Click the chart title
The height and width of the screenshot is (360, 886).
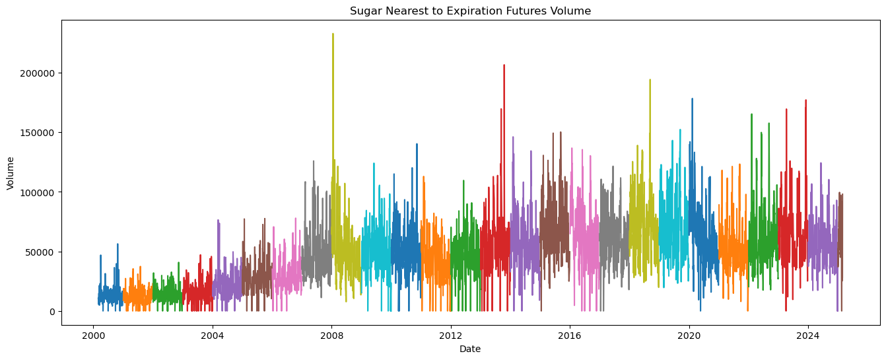tap(470, 11)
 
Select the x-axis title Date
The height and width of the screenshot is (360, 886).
tap(470, 349)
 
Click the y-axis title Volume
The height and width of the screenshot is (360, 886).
tap(11, 173)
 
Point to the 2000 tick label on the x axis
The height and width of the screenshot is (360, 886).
tap(93, 335)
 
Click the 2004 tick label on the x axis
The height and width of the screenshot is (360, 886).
tap(212, 335)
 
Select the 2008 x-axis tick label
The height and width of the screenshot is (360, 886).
tap(331, 335)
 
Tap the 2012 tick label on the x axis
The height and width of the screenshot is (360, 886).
tap(451, 335)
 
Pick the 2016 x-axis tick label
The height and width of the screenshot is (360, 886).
tap(570, 335)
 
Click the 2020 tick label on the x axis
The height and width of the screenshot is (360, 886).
tap(689, 335)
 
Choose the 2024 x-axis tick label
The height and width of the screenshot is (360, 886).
tap(808, 335)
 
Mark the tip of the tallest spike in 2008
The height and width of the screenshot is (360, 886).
tap(333, 34)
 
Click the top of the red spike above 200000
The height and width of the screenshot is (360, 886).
tap(504, 65)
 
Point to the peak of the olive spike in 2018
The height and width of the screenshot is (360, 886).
tap(650, 80)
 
